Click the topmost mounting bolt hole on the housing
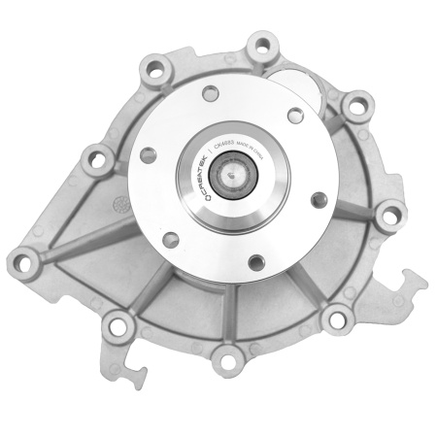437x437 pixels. tap(258, 43)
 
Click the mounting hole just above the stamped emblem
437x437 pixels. tap(94, 151)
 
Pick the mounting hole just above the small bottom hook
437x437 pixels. tap(121, 325)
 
